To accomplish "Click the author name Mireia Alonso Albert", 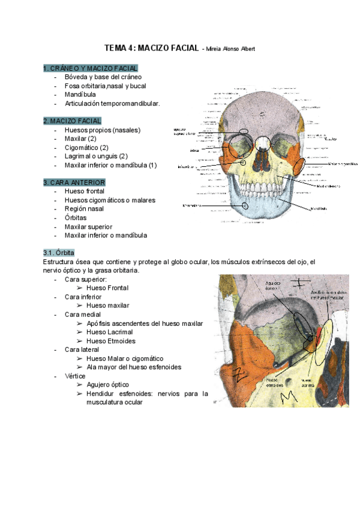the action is tap(230, 49).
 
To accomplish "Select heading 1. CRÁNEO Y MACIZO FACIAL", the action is tap(91, 68).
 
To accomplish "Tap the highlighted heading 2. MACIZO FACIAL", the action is tap(73, 121).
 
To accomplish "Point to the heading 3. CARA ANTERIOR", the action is tap(74, 182).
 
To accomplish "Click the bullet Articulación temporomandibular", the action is tap(112, 103).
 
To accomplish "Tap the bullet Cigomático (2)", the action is tap(86, 147).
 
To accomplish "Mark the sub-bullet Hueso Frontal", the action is tap(107, 288).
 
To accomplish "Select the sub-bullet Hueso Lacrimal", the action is tap(110, 332).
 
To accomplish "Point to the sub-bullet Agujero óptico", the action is tap(107, 384).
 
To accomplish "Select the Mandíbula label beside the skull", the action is tap(318, 209).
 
